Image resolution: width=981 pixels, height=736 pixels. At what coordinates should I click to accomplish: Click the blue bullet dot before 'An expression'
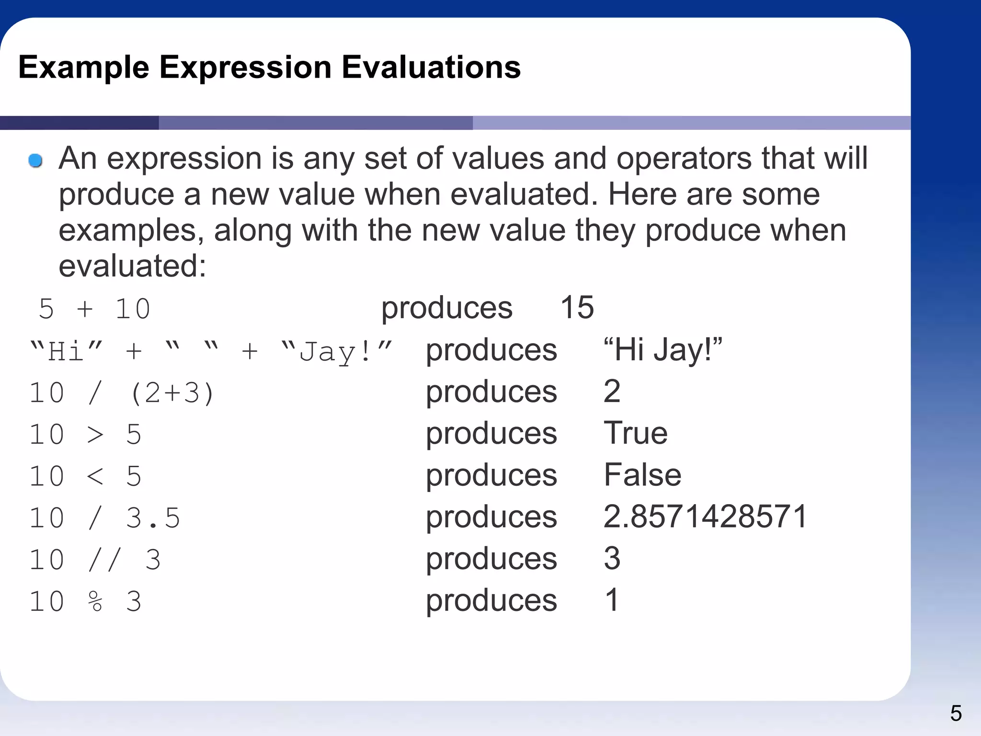pyautogui.click(x=35, y=161)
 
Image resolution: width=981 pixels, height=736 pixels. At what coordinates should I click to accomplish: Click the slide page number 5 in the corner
pyautogui.click(x=956, y=713)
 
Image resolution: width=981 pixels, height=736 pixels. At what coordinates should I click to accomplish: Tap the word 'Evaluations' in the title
pyautogui.click(x=431, y=67)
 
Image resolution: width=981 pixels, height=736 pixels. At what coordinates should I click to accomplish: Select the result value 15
pyautogui.click(x=577, y=307)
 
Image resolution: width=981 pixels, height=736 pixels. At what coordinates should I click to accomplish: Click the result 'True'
pyautogui.click(x=635, y=433)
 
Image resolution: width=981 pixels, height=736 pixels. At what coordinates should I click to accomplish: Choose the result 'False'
pyautogui.click(x=642, y=475)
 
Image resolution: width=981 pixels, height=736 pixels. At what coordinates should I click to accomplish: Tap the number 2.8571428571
pyautogui.click(x=705, y=517)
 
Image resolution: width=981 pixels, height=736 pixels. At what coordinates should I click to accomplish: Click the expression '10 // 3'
pyautogui.click(x=95, y=559)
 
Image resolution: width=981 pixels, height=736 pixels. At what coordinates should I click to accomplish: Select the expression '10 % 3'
pyautogui.click(x=85, y=601)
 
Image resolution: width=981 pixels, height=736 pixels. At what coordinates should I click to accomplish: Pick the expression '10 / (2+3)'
pyautogui.click(x=122, y=393)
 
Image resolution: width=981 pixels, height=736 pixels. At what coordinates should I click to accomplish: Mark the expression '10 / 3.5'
pyautogui.click(x=104, y=518)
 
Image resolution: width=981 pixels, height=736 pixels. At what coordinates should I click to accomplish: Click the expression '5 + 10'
pyautogui.click(x=94, y=309)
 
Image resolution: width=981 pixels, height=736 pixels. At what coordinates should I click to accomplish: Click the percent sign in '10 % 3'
pyautogui.click(x=95, y=601)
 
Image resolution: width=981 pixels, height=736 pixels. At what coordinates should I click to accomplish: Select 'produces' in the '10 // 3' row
pyautogui.click(x=491, y=559)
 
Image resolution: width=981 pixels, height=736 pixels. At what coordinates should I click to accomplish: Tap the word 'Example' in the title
pyautogui.click(x=84, y=67)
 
